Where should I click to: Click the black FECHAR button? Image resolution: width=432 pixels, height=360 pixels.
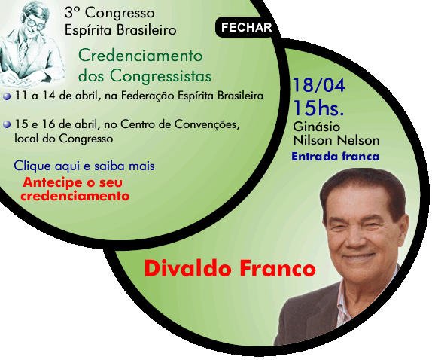[246, 27]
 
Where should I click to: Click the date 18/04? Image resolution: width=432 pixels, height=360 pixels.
[318, 85]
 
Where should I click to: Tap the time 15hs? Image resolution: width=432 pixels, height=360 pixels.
[318, 108]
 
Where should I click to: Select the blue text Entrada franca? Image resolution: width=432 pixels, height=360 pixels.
[336, 157]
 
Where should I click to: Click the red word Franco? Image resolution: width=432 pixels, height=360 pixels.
[278, 268]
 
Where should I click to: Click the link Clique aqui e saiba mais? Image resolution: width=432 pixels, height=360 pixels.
[84, 166]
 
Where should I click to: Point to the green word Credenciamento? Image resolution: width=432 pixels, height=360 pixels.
[141, 56]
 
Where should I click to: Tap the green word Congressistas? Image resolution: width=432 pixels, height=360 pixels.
[161, 75]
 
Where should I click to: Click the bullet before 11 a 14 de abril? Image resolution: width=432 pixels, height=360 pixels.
[7, 96]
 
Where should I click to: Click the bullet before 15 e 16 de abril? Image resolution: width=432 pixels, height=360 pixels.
[7, 124]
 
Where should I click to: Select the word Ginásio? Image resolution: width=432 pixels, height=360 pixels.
[317, 127]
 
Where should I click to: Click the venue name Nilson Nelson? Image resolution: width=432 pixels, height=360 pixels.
[336, 140]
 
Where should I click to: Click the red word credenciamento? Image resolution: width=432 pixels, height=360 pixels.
[75, 197]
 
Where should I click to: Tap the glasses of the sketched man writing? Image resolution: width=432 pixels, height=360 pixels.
[35, 23]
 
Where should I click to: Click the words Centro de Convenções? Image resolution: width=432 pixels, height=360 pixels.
[178, 124]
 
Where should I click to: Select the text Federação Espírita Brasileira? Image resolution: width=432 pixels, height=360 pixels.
[192, 96]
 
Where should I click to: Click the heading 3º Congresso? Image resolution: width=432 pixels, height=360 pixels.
[110, 13]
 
